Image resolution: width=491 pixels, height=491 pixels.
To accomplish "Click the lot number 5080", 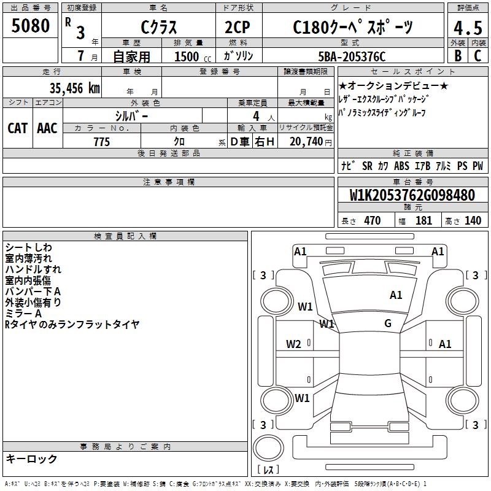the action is click(31, 26).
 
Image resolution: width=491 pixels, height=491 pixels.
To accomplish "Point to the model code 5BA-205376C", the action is click(352, 56).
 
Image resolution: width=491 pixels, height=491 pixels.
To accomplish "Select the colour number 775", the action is click(101, 142).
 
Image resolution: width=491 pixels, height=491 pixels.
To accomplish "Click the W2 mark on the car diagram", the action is click(293, 344).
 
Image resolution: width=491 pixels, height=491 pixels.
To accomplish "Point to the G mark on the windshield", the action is click(388, 323).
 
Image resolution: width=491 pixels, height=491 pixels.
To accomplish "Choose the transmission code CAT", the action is click(17, 128).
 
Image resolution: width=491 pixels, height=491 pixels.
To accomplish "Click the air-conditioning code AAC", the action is click(47, 128).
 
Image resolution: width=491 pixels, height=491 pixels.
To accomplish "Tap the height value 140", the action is click(473, 221).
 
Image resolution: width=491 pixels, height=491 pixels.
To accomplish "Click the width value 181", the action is click(423, 221).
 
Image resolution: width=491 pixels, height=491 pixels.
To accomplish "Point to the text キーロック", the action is click(31, 458).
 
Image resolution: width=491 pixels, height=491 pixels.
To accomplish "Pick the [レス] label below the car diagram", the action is click(268, 471).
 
